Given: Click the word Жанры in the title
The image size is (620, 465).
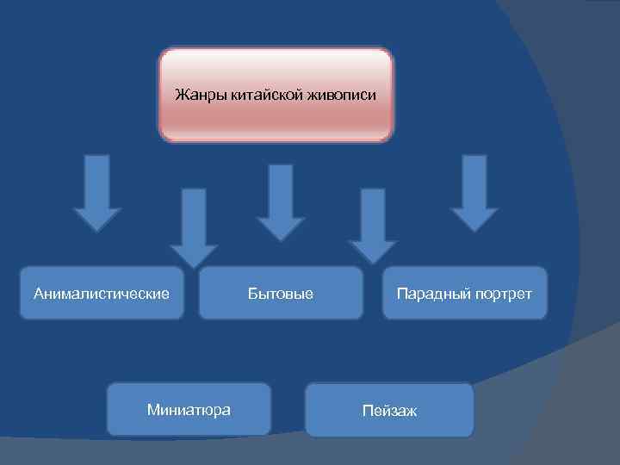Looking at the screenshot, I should click(194, 94).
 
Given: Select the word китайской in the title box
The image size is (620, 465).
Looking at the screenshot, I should click(256, 94).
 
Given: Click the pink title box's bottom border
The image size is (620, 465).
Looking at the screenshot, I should click(276, 139).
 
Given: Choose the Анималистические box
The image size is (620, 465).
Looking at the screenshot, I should click(102, 294).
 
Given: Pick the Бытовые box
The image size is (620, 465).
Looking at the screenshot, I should click(281, 294).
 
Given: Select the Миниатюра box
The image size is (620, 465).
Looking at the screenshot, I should click(189, 410).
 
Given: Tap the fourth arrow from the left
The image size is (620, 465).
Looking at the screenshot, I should click(373, 226).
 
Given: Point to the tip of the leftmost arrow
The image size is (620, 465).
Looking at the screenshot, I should click(97, 229).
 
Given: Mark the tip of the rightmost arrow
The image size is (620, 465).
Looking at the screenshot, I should click(474, 230).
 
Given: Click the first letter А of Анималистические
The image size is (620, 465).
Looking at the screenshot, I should click(38, 294).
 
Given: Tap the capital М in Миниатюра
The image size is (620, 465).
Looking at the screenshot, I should click(152, 410).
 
